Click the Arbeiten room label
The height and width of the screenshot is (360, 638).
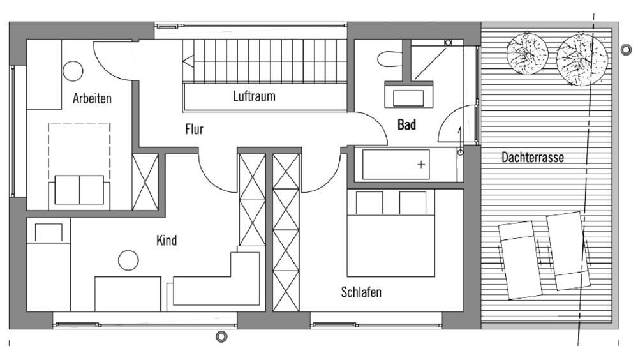[x=92, y=98]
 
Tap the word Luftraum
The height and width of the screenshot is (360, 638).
[x=254, y=96]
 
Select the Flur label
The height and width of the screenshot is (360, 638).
[x=194, y=130]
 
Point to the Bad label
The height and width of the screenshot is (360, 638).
[x=406, y=124]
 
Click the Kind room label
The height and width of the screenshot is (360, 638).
[x=167, y=240]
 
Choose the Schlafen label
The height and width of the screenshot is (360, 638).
[x=361, y=292]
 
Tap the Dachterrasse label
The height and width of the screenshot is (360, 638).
[x=533, y=157]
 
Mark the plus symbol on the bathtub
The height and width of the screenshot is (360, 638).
[x=421, y=165]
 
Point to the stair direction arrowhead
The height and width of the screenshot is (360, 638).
[x=188, y=63]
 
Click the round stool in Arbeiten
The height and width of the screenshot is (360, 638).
[x=73, y=71]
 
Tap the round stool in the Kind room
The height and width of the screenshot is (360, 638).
[x=128, y=260]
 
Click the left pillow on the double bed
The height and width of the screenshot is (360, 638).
[x=369, y=202]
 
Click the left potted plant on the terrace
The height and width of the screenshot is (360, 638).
[x=528, y=54]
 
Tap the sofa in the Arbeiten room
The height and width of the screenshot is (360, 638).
[x=79, y=192]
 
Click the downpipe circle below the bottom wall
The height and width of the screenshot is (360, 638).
[x=221, y=337]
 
